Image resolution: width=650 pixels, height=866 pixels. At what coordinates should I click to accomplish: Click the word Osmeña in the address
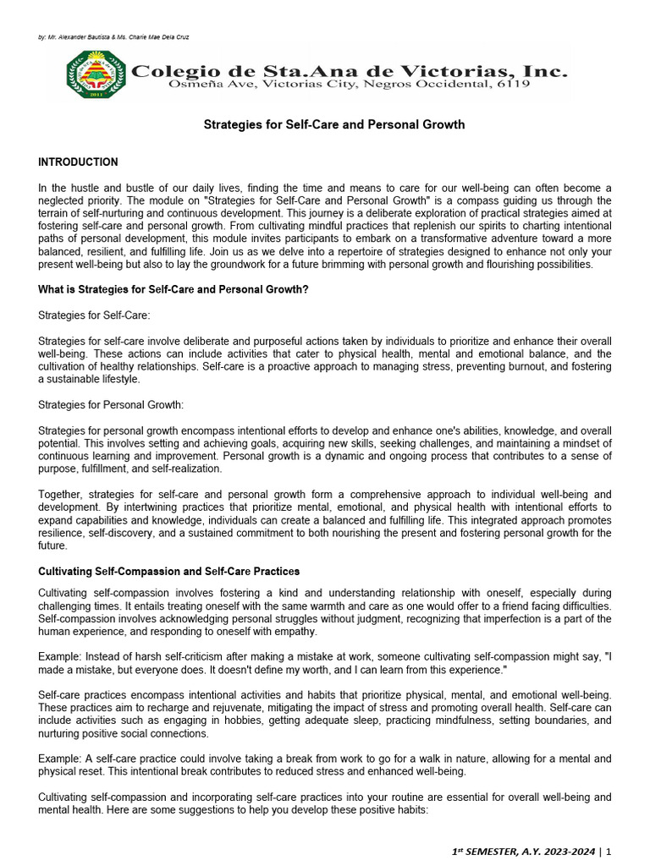pyautogui.click(x=196, y=85)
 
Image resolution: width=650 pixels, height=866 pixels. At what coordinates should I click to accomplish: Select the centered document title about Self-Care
pyautogui.click(x=333, y=124)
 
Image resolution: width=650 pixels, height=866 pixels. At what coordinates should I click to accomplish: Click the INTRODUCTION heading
pyautogui.click(x=78, y=162)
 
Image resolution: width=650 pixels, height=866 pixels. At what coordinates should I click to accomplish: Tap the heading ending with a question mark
pyautogui.click(x=173, y=289)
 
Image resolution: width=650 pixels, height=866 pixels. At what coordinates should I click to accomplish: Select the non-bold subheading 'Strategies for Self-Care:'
pyautogui.click(x=94, y=315)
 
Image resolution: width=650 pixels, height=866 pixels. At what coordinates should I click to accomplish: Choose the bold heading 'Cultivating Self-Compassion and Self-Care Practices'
pyautogui.click(x=168, y=572)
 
